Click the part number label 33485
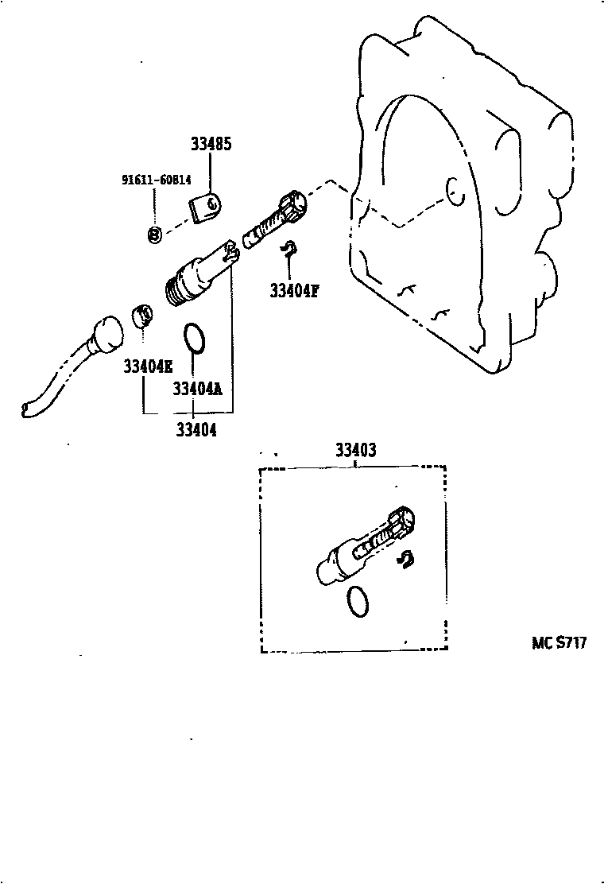point(211,145)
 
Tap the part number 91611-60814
point(157,180)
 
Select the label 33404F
point(293,291)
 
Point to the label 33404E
point(147,366)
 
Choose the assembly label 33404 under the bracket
point(196,429)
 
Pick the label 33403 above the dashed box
point(355,451)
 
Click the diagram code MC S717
point(559,642)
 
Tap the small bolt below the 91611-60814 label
point(155,234)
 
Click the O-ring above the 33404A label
point(194,337)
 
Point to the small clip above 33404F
point(290,247)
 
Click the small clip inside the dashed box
point(405,560)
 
